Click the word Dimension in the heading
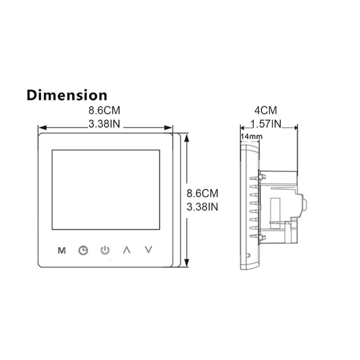(x=67, y=95)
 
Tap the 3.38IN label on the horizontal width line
(x=104, y=125)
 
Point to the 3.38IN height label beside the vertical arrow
(x=202, y=207)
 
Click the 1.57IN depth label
(x=265, y=124)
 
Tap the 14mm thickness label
(x=251, y=136)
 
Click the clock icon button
(x=83, y=250)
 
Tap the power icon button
(x=105, y=250)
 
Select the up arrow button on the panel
(x=127, y=250)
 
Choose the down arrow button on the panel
(x=149, y=250)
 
